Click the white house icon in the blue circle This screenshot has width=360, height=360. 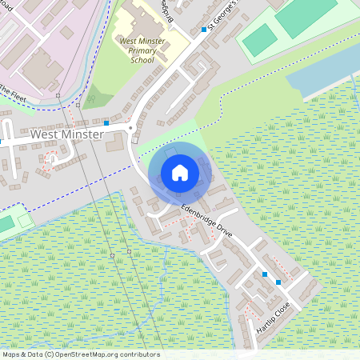(180, 172)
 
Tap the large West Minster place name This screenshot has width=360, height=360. (66, 135)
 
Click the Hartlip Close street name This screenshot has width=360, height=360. (272, 318)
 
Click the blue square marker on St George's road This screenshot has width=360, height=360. (204, 30)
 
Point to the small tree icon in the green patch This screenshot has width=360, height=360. (91, 99)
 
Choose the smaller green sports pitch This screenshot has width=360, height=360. (258, 40)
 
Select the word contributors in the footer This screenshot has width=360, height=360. (138, 354)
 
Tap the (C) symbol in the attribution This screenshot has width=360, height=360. (49, 354)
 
